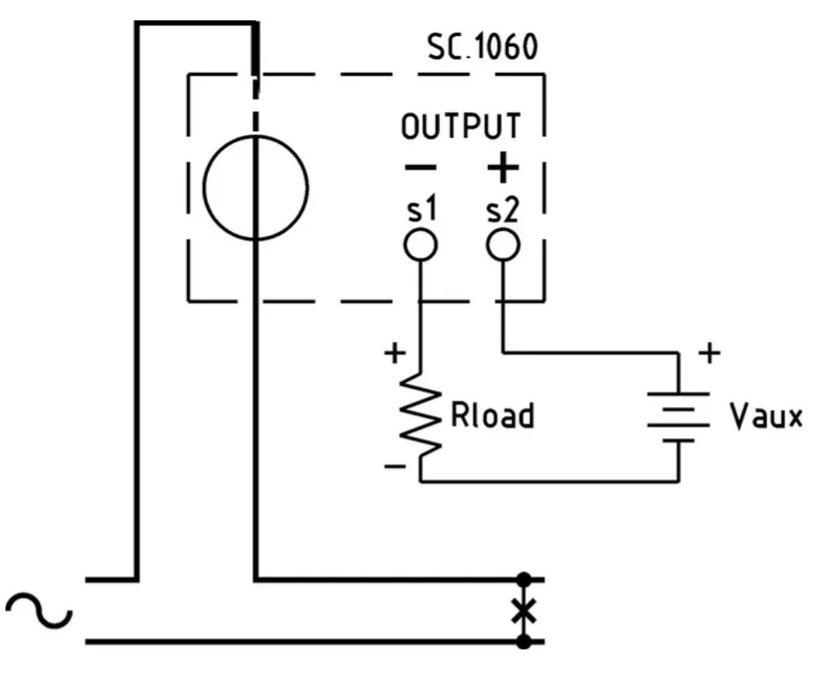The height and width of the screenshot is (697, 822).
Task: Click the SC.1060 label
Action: tap(483, 47)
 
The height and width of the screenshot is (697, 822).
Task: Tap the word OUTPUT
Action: tap(461, 126)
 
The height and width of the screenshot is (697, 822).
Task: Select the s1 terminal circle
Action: tap(421, 245)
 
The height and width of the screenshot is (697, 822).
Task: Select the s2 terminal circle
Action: tap(503, 245)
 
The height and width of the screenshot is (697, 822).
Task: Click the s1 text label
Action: tap(422, 210)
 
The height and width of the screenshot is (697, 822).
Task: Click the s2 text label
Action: tap(503, 210)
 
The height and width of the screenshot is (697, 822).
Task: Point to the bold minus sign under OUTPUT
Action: tap(421, 167)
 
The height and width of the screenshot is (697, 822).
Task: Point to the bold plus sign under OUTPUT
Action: tap(503, 167)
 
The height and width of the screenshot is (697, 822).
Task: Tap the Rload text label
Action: tap(492, 416)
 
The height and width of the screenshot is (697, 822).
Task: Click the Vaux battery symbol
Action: tap(679, 417)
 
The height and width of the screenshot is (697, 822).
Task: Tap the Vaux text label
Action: tap(766, 417)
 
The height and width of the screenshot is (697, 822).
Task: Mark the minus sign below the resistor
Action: tap(394, 466)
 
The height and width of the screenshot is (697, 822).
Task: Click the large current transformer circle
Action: tap(204, 188)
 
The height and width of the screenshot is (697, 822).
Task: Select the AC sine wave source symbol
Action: tap(38, 610)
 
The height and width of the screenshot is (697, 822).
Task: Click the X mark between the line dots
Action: tap(523, 610)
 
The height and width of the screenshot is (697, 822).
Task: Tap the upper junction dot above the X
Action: tap(523, 579)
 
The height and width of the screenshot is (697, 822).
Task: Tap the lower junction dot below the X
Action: tap(523, 641)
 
